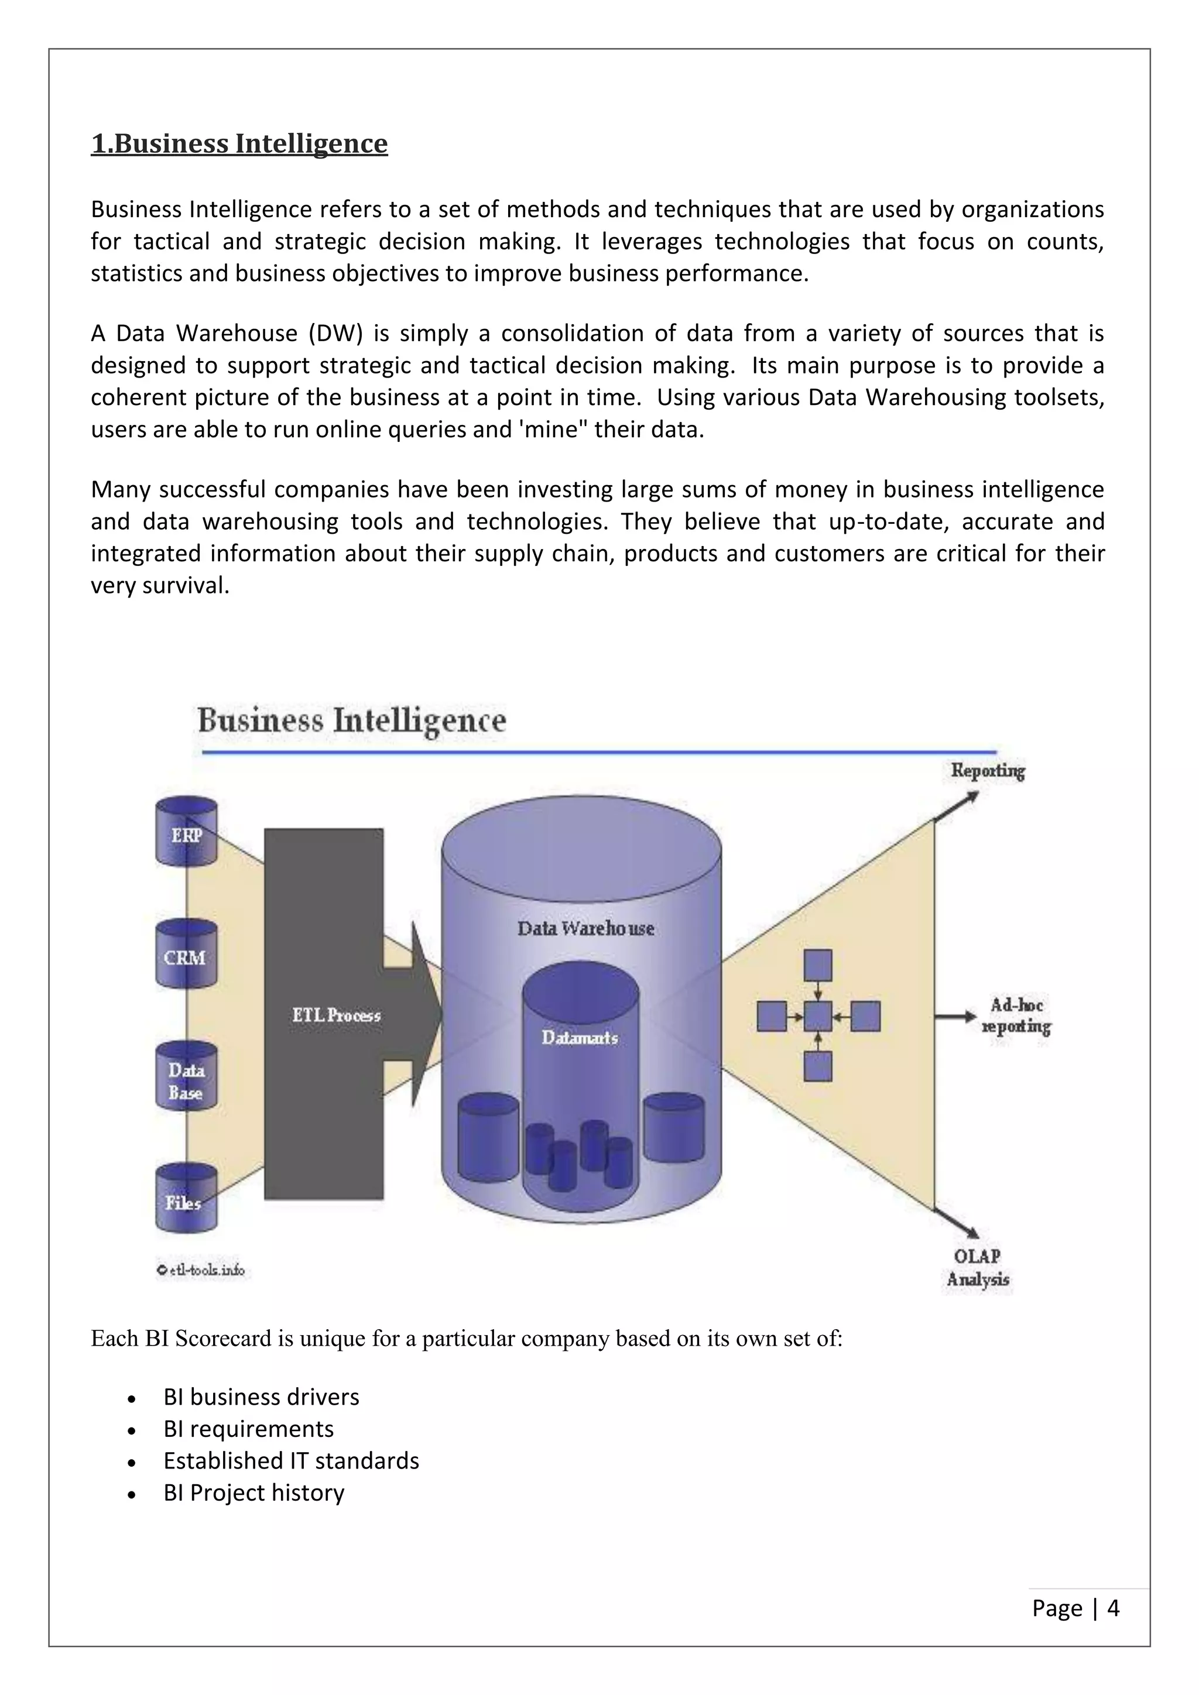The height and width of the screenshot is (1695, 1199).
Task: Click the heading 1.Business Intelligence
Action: (x=239, y=143)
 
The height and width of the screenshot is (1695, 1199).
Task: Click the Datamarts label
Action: (x=580, y=1037)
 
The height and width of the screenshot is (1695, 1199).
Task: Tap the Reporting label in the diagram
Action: (x=987, y=771)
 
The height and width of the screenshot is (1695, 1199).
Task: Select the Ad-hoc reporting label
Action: (x=1016, y=1016)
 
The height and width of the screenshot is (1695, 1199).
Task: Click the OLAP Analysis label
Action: (x=978, y=1268)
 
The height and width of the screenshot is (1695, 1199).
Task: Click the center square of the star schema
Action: (x=817, y=1017)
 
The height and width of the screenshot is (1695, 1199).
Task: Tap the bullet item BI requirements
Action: (x=248, y=1429)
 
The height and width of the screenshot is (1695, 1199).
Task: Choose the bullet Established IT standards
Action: (x=291, y=1460)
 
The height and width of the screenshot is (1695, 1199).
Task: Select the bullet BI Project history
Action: (x=253, y=1492)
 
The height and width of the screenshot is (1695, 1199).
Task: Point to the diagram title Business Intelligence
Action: (x=351, y=720)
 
